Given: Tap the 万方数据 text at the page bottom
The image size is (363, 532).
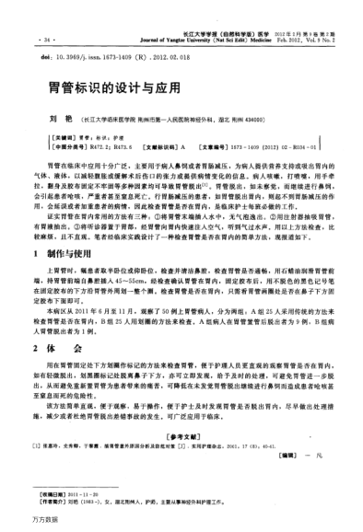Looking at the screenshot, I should tap(20, 520).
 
